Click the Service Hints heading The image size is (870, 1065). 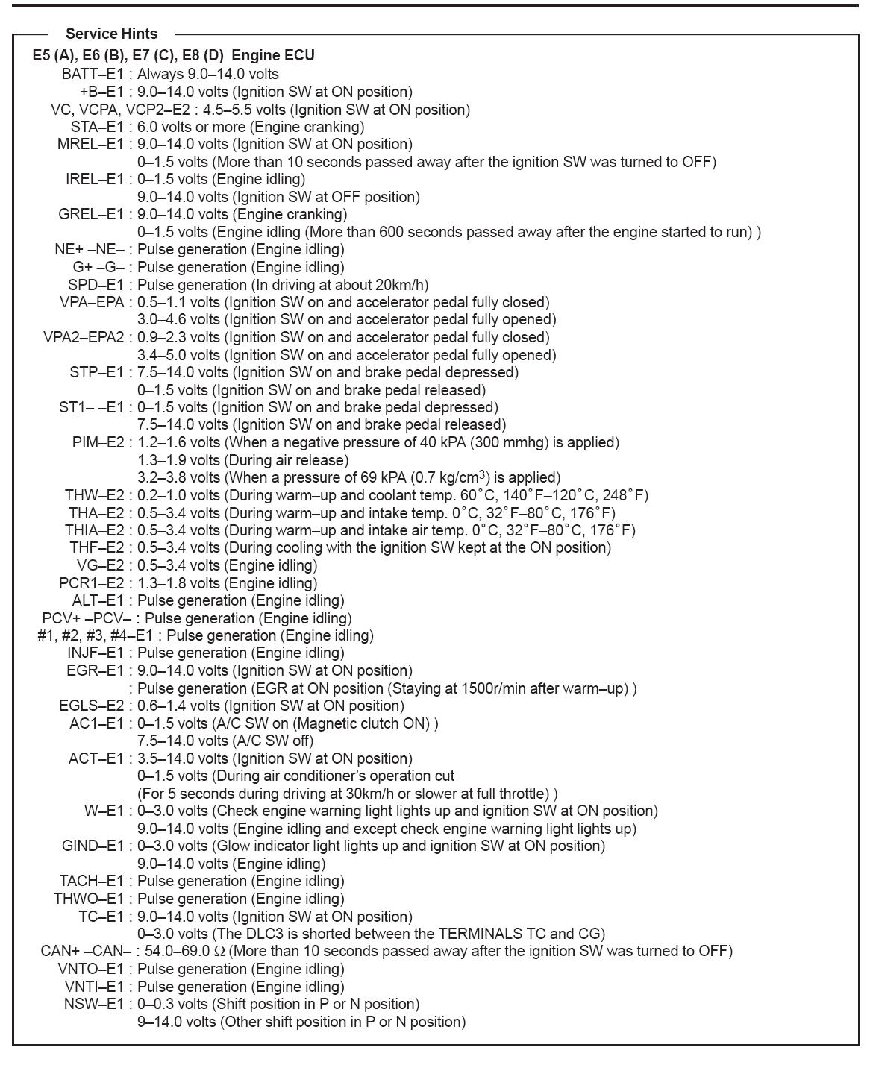[111, 34]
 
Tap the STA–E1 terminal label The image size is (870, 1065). [97, 127]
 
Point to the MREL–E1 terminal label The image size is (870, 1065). [90, 144]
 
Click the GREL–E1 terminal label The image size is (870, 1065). [90, 214]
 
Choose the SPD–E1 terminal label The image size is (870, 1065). [96, 285]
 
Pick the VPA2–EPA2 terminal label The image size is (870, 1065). [84, 337]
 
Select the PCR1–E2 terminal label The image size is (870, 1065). [92, 583]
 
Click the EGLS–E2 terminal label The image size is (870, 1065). [92, 706]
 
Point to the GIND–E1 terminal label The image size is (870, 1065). [93, 846]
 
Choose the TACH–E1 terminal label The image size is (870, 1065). [92, 881]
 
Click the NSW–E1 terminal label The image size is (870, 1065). [94, 1004]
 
